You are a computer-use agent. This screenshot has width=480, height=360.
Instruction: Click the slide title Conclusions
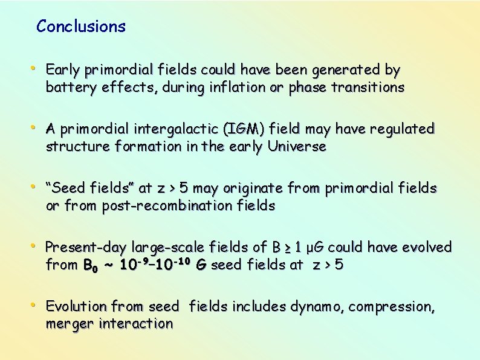pos(81,27)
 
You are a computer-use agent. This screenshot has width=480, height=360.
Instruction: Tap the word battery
pos(66,88)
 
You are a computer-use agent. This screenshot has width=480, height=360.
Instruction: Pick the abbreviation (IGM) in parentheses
pos(244,129)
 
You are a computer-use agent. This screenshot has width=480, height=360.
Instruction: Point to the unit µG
pos(313,248)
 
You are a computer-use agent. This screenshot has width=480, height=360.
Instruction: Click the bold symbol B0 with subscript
pos(89,265)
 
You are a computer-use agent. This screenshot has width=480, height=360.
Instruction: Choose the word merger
pos(66,324)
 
